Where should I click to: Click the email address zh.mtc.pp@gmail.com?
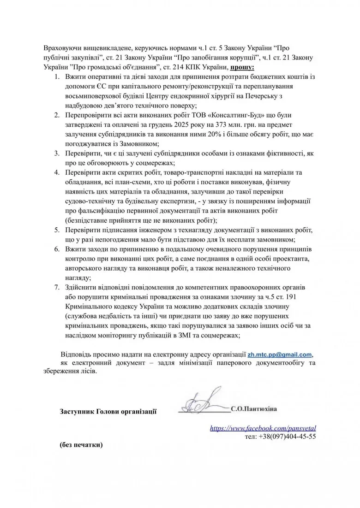click(280, 354)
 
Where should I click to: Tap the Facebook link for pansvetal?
click(263, 428)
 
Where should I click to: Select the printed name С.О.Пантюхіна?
click(256, 408)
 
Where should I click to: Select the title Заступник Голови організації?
click(108, 411)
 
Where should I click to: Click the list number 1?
click(56, 77)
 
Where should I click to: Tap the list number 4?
click(56, 172)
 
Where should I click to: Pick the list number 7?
click(56, 287)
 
